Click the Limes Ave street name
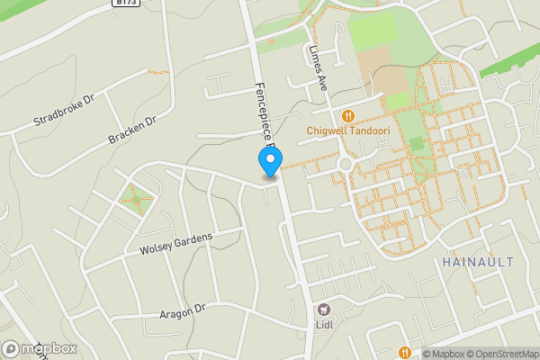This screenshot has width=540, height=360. (x=318, y=68)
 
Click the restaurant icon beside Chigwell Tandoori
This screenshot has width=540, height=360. (x=348, y=115)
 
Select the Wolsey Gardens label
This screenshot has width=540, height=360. (x=176, y=242)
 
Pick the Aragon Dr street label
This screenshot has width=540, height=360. (x=183, y=310)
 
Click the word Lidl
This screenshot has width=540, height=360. (x=324, y=324)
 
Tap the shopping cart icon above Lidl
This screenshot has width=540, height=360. (x=324, y=308)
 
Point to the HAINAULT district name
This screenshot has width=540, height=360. (x=478, y=262)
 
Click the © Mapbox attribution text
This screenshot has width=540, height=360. (x=443, y=354)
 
